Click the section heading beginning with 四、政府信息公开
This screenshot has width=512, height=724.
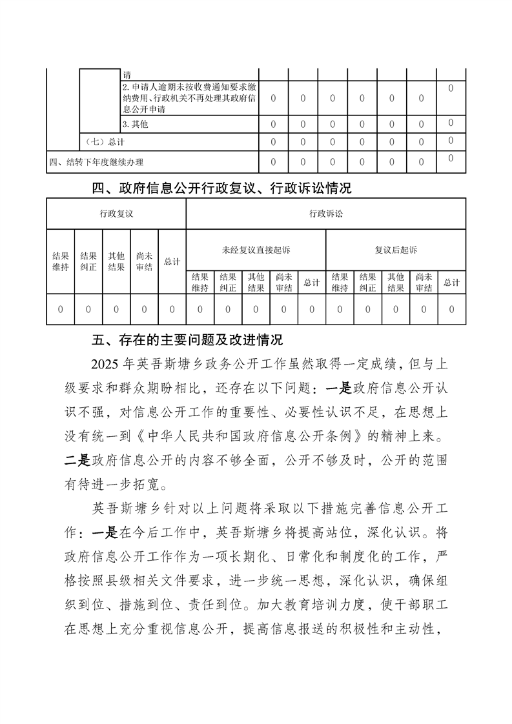click(x=222, y=188)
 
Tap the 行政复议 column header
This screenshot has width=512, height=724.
click(x=116, y=214)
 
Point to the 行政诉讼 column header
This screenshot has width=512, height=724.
click(x=326, y=214)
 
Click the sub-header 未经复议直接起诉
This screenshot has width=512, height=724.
click(x=256, y=250)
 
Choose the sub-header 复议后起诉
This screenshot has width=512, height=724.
click(x=396, y=250)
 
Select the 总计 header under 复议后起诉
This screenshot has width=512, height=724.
click(x=451, y=283)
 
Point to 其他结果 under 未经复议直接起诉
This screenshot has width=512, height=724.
click(x=256, y=283)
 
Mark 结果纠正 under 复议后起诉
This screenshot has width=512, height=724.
click(x=367, y=283)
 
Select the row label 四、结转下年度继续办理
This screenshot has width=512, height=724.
click(x=96, y=162)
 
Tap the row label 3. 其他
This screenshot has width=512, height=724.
click(x=135, y=124)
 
